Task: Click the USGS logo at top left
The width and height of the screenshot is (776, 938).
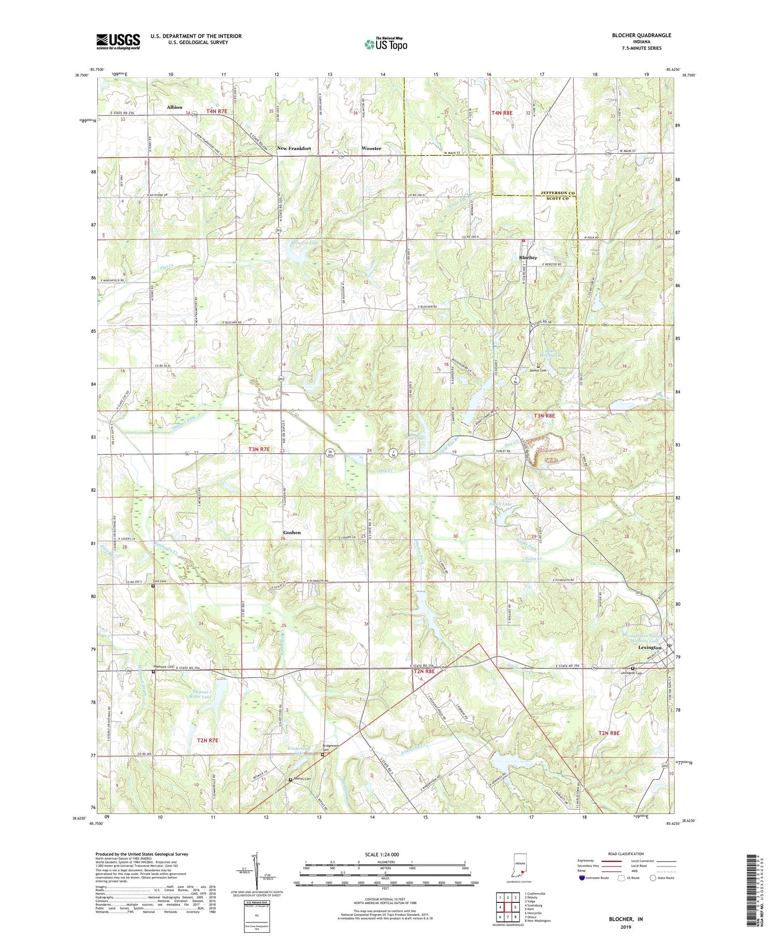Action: pos(118,41)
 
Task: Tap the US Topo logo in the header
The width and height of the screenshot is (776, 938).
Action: pos(385,44)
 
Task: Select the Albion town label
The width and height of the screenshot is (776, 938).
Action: pos(174,107)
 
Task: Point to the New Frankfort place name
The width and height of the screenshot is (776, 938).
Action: pos(294,148)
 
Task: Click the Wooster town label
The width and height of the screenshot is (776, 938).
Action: pos(371,148)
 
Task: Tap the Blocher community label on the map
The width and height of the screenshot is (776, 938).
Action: pos(528,258)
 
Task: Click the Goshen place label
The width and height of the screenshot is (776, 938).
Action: pos(292,532)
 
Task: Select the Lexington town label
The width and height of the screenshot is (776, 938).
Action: pos(650,648)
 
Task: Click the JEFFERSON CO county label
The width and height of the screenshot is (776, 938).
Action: pos(558,192)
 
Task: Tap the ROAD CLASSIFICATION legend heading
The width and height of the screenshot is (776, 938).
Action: pos(626,854)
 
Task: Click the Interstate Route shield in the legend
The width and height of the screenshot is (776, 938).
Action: pos(582,878)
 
